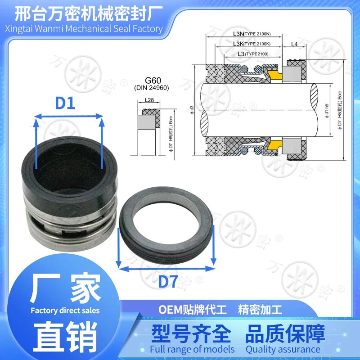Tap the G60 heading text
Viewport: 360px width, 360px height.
coord(153,81)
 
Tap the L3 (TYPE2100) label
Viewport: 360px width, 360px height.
coord(253,54)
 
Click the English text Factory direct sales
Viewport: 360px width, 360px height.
coord(65,310)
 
